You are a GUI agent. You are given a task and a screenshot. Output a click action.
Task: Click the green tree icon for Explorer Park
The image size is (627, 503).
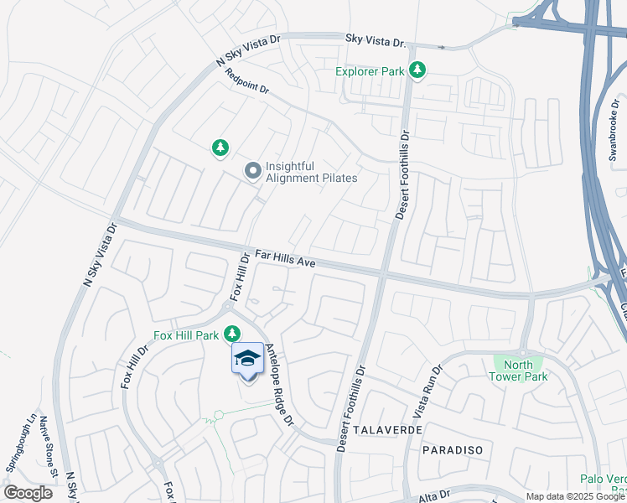click(x=417, y=71)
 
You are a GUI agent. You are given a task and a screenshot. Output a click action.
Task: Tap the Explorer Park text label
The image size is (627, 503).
click(x=370, y=72)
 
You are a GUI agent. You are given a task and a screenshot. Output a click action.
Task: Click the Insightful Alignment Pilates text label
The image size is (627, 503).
click(x=311, y=172)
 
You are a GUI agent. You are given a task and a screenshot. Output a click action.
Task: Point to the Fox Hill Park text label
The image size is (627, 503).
click(x=186, y=336)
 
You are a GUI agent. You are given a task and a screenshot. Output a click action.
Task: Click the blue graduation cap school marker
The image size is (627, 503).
click(x=247, y=361)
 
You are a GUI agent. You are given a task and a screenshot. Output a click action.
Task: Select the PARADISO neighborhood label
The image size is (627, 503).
click(x=452, y=450)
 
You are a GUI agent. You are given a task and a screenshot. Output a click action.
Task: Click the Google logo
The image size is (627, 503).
click(x=28, y=493)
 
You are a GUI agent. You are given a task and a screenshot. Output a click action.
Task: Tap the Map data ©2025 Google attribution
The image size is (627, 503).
click(x=574, y=497)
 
